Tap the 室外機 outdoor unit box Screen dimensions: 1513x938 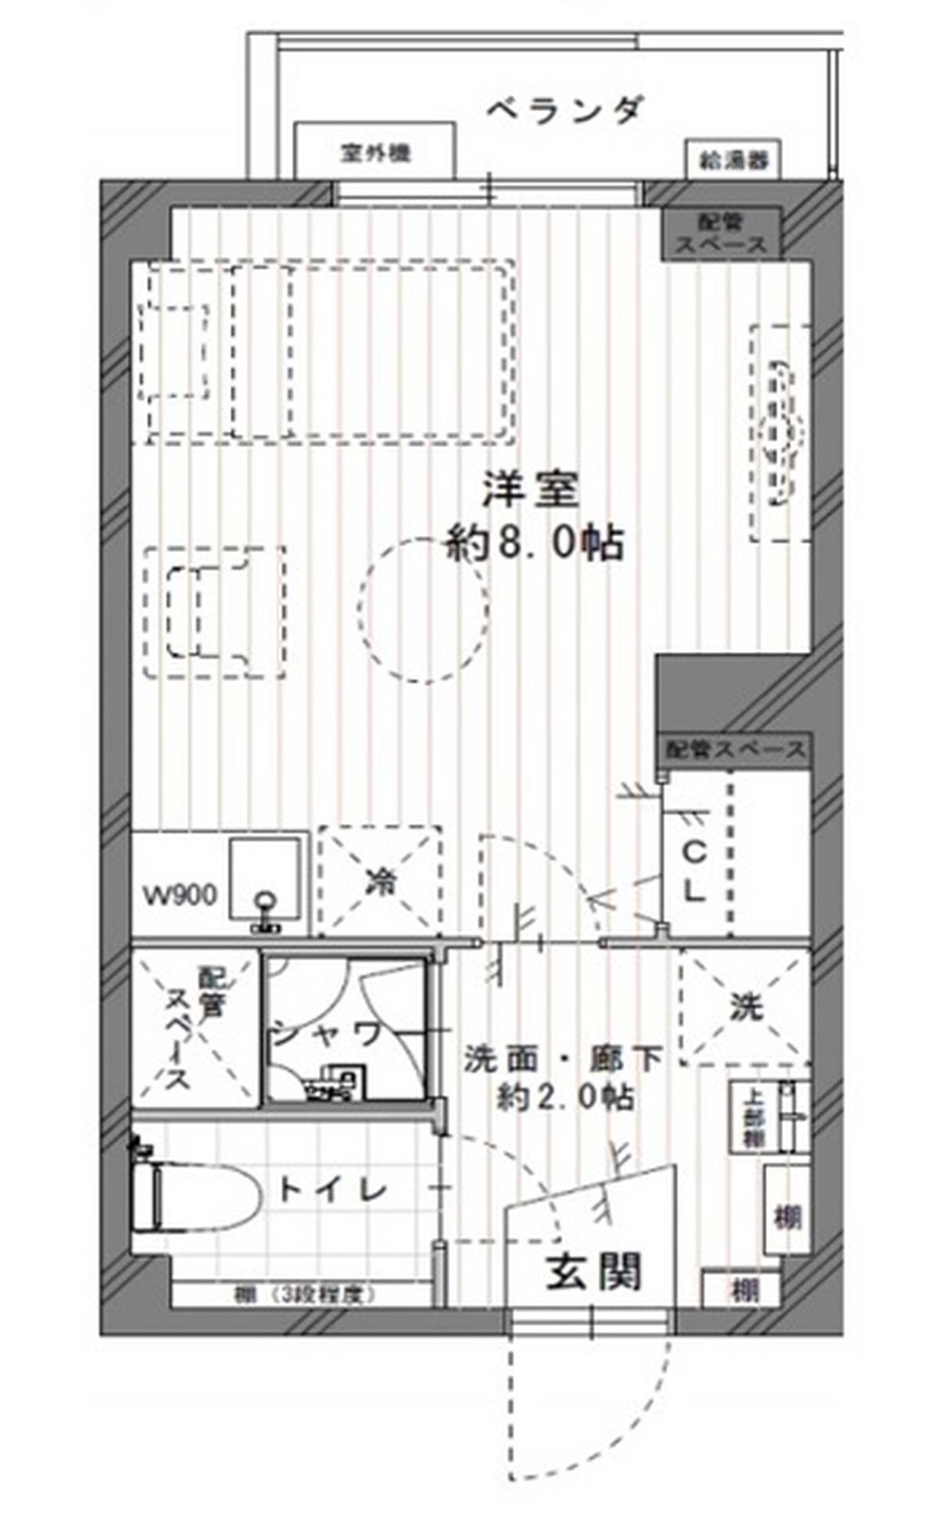(x=375, y=152)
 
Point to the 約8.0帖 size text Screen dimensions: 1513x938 (x=535, y=543)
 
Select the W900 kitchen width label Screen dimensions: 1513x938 (x=180, y=895)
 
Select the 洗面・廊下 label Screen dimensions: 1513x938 (x=563, y=1059)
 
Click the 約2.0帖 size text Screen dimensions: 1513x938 (x=565, y=1098)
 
